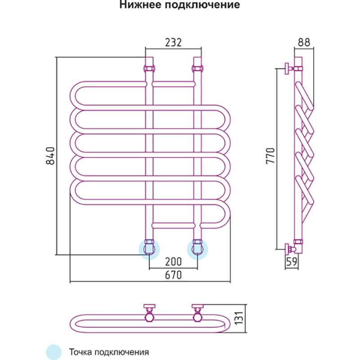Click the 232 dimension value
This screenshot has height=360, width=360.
173,42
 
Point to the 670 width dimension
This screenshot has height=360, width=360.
173,275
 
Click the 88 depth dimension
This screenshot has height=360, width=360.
304,42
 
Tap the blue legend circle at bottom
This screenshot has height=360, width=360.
53,351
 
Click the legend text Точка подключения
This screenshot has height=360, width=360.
109,351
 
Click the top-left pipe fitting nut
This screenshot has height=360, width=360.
149,68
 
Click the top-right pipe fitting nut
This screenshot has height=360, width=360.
197,68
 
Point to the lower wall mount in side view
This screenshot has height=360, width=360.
288,247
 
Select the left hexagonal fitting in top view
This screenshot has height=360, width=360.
149,317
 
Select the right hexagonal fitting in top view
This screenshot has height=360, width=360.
198,317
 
